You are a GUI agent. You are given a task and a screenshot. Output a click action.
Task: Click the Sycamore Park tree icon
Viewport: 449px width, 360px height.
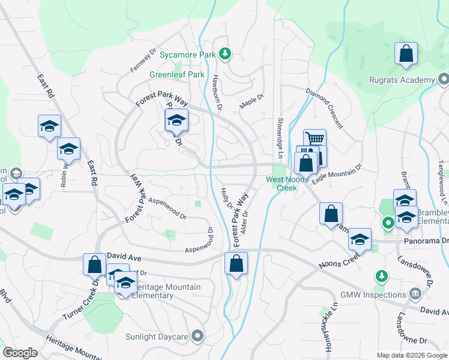point(225,55)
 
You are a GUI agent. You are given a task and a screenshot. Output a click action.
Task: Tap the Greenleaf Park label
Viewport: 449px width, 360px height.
point(177,74)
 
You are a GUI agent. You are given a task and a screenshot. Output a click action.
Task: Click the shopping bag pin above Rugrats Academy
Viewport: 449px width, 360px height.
point(406,53)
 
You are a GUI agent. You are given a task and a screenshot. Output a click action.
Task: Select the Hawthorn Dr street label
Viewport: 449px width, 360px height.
point(217,92)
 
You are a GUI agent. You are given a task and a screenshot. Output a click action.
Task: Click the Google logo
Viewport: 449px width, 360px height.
point(20,352)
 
